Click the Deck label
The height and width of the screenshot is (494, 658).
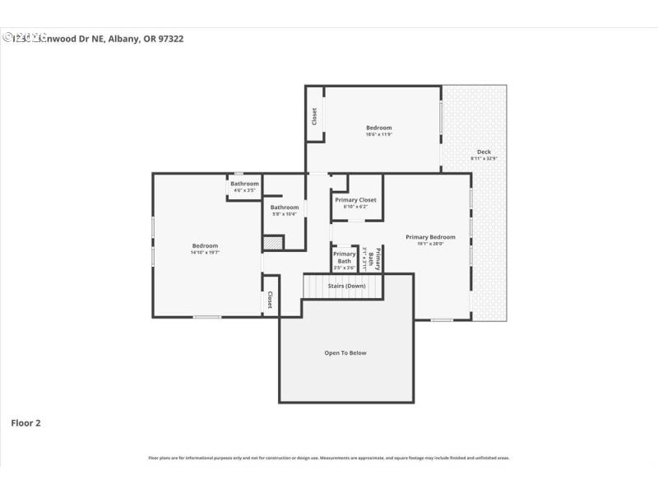tap(484, 151)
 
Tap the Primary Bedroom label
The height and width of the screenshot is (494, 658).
tap(430, 237)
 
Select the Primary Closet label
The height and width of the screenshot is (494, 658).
tap(355, 200)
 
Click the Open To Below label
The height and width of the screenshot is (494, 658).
tap(345, 353)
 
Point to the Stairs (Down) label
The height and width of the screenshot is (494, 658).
tap(346, 286)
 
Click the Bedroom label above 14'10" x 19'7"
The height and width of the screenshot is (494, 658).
tap(205, 245)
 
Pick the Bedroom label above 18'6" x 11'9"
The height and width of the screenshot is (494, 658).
tap(378, 128)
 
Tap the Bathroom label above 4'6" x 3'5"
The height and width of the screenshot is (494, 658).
tap(244, 184)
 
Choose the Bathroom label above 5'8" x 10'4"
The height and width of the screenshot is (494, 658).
tap(285, 207)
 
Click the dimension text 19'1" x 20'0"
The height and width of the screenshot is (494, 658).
tap(430, 244)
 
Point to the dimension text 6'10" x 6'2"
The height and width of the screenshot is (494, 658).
tap(355, 207)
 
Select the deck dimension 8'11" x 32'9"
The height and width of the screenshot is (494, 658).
tap(484, 158)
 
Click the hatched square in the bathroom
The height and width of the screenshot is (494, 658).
tap(273, 243)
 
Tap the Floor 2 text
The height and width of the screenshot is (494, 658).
tap(25, 423)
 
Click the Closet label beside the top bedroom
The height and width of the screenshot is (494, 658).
tap(314, 117)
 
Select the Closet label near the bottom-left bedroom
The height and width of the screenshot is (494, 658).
tap(269, 301)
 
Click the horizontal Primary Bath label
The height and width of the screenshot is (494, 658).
tap(344, 258)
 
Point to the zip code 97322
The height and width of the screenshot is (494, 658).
tap(168, 38)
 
